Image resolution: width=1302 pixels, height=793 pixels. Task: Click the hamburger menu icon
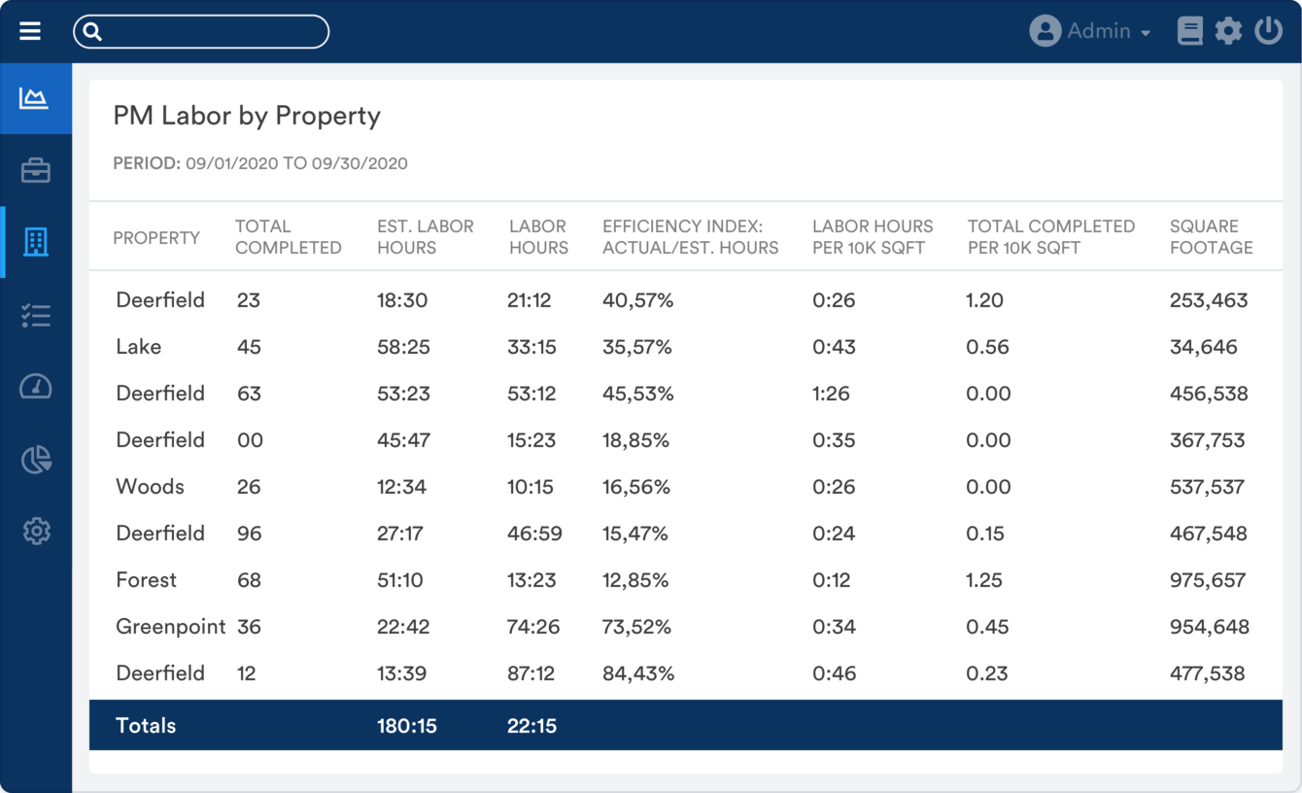(30, 31)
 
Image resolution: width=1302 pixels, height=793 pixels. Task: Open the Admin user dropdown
(1090, 31)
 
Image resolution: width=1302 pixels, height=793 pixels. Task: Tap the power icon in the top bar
(1268, 31)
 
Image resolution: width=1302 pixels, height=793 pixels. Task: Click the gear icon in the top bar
(1228, 31)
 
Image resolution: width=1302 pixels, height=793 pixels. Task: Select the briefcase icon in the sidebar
(36, 171)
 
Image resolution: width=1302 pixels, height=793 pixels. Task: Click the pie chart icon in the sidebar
(36, 460)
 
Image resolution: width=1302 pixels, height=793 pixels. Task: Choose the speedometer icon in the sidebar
(36, 387)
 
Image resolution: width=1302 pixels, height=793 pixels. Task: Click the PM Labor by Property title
(247, 116)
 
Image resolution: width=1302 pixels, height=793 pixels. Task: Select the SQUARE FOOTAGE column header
(1211, 237)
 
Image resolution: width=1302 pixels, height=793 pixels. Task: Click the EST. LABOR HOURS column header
(425, 237)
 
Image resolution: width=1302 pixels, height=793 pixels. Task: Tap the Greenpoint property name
(170, 627)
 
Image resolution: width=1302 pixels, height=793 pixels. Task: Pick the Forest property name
(146, 580)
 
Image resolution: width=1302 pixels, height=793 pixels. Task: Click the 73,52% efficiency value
(636, 627)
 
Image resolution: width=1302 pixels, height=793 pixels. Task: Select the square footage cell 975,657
(1208, 580)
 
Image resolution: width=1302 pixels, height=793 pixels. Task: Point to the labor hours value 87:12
(531, 673)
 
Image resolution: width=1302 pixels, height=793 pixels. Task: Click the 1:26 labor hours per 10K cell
(831, 394)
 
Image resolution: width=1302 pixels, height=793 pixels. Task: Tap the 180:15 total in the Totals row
(406, 726)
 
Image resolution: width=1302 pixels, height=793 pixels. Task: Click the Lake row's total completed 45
(249, 347)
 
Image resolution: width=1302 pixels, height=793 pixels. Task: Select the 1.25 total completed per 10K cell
(984, 580)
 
